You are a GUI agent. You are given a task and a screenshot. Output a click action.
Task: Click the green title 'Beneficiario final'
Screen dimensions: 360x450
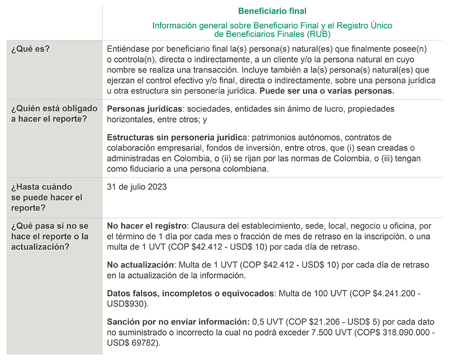(x=272, y=11)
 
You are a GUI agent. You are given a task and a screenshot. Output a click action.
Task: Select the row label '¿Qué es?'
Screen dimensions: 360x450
(x=34, y=49)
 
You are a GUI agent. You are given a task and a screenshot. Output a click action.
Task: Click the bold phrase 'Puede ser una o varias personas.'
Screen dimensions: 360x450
(x=327, y=90)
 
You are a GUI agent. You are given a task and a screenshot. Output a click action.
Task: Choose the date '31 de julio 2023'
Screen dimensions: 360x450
(x=137, y=187)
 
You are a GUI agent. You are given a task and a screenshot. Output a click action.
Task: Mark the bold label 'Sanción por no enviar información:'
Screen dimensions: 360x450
(x=178, y=321)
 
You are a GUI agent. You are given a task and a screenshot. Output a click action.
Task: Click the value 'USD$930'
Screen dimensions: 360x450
(x=124, y=303)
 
